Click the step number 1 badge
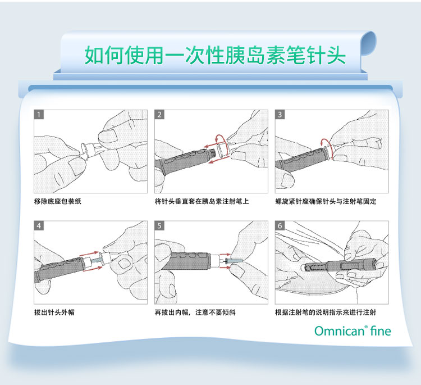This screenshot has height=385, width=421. point(39,115)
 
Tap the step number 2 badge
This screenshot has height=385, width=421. point(159,115)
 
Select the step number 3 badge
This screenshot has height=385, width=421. point(280,115)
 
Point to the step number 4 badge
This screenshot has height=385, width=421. point(39,226)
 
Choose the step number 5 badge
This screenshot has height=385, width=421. point(159,226)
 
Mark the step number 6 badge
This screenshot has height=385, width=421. point(280,226)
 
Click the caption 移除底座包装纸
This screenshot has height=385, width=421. point(58,201)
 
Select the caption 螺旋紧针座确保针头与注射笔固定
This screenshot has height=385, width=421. point(326,201)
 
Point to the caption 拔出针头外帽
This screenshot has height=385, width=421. point(54,312)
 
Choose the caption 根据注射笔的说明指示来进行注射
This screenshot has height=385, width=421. point(326,312)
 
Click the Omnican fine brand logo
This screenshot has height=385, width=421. point(353,331)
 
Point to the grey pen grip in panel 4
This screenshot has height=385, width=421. point(56,268)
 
